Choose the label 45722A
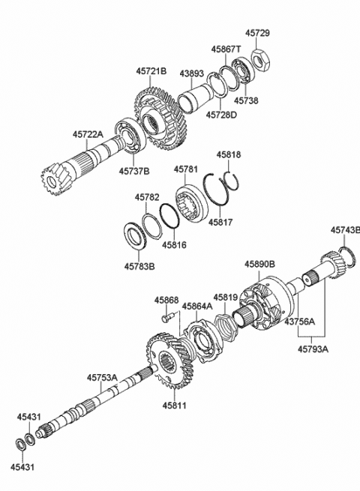88,133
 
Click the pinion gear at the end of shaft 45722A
55,181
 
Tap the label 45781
186,169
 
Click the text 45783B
139,265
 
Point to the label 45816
175,244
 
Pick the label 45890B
259,264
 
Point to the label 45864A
196,306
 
